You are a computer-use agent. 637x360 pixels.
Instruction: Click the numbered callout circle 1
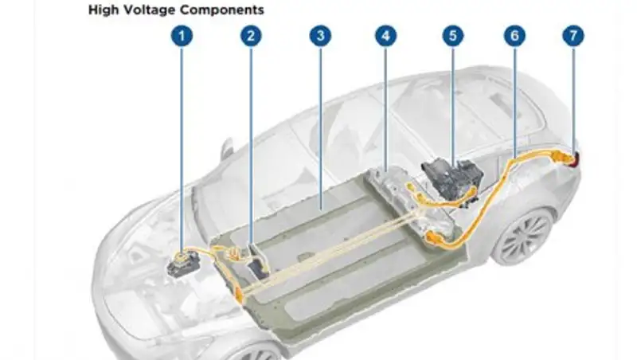(x=183, y=37)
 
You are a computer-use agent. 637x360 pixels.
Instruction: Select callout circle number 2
(x=251, y=37)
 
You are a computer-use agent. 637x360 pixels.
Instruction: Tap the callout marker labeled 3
(x=319, y=37)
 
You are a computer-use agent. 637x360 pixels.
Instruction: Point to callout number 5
(x=453, y=37)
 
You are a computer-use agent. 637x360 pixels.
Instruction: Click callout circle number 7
(x=573, y=37)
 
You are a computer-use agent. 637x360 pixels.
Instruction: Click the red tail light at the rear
(x=575, y=159)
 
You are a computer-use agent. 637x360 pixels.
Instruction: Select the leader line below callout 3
(x=319, y=119)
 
